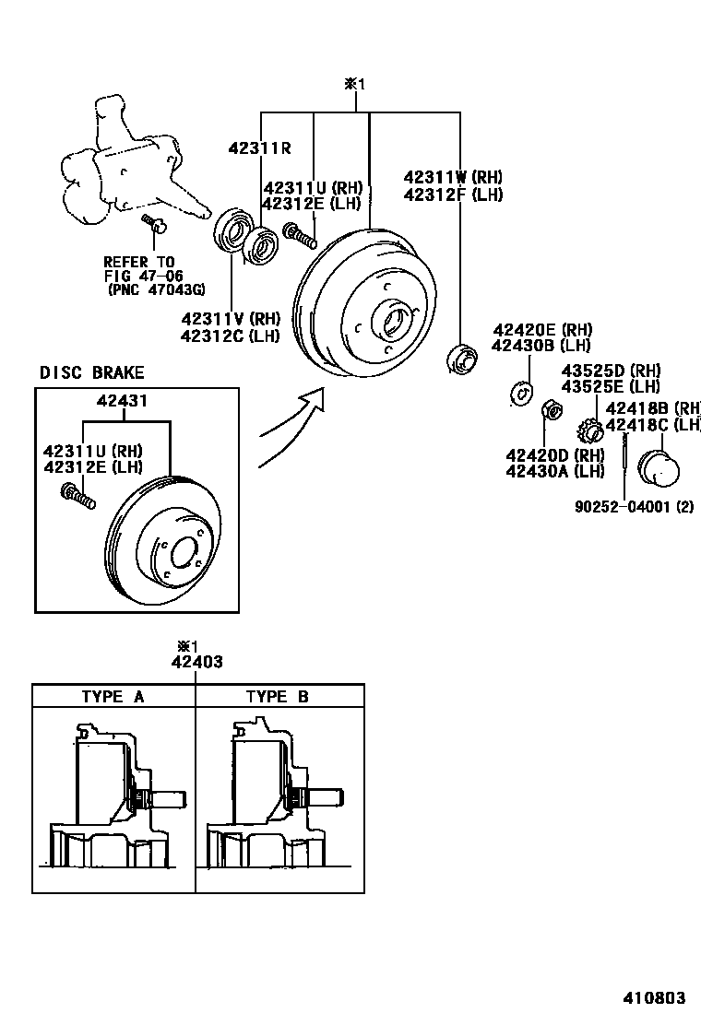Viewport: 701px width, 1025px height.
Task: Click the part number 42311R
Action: (260, 147)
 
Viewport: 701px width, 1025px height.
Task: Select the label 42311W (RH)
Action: (453, 176)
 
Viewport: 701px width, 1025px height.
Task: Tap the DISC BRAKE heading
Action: (91, 372)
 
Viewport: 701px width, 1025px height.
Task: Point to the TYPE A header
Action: (113, 696)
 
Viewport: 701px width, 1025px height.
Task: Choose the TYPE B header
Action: (277, 696)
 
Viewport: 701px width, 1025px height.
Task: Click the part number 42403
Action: (196, 661)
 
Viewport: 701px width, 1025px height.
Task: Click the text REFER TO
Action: (138, 262)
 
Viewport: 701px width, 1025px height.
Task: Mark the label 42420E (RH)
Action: (541, 330)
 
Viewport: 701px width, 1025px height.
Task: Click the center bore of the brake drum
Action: (392, 323)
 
